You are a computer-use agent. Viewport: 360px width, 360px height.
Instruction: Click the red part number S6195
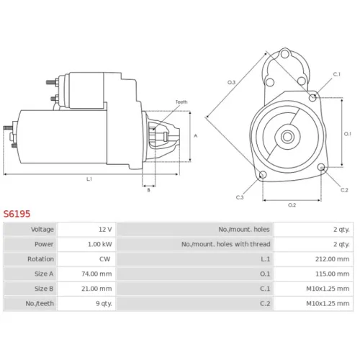pos(17,214)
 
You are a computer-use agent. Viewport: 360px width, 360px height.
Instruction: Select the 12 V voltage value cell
pos(105,230)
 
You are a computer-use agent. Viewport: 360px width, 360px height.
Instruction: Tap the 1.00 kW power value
pos(100,244)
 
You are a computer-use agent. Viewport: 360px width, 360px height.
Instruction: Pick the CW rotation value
pos(104,259)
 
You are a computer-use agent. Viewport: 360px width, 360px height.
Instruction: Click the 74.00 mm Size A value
pos(96,274)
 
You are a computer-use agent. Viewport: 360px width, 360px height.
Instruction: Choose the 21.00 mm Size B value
pos(96,289)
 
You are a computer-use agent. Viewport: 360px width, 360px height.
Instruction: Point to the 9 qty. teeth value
pos(104,304)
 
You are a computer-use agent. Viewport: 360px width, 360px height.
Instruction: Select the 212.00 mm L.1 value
pos(332,259)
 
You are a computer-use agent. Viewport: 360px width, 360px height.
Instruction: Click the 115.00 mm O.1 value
pos(332,274)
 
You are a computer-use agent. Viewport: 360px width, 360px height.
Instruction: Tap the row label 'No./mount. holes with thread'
pos(225,244)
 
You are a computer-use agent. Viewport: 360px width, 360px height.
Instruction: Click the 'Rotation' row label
pos(40,259)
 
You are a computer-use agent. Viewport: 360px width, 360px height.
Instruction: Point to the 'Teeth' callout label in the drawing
pos(181,102)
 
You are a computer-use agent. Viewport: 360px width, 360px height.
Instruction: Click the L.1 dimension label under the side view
pos(89,179)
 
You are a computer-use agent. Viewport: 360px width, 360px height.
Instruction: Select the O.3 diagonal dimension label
pos(231,83)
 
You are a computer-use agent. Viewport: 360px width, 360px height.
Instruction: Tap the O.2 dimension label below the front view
pos(292,205)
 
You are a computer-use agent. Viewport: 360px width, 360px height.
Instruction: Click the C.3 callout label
pos(240,197)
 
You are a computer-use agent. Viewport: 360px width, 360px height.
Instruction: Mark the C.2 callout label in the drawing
pos(344,190)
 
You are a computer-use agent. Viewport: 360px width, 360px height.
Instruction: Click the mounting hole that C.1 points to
pos(312,97)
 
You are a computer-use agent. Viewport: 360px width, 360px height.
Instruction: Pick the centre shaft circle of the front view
pos(287,137)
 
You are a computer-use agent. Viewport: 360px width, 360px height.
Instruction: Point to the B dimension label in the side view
pos(148,190)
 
